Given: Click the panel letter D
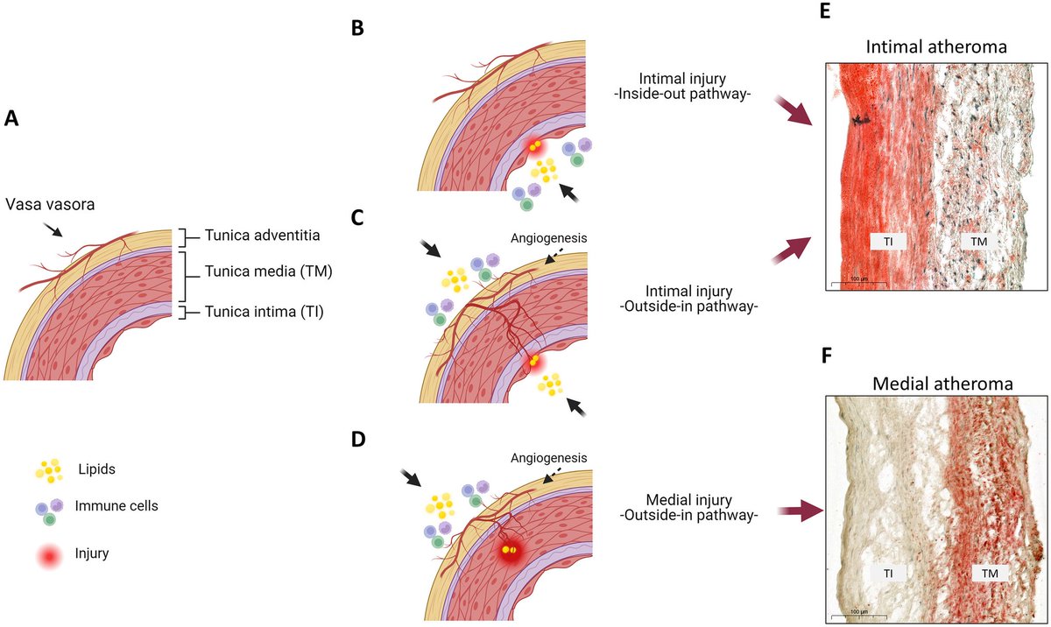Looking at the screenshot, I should [357, 438].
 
